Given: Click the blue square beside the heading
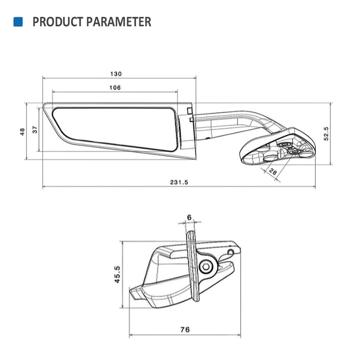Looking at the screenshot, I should click(x=18, y=22).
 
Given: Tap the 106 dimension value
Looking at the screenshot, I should click(x=115, y=88).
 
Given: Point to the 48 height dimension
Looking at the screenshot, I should click(x=22, y=131).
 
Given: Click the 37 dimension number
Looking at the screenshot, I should click(x=35, y=130).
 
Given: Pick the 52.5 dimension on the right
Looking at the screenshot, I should click(x=326, y=133).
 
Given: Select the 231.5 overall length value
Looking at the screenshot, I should click(x=179, y=182).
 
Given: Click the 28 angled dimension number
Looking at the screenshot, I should click(x=273, y=172).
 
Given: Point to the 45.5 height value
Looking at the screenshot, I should click(x=117, y=274).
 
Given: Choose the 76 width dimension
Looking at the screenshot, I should click(x=184, y=330).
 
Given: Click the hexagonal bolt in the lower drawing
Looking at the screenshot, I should click(x=205, y=267).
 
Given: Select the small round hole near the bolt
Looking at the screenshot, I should click(x=231, y=252).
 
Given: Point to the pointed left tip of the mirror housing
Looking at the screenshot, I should click(x=45, y=106).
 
